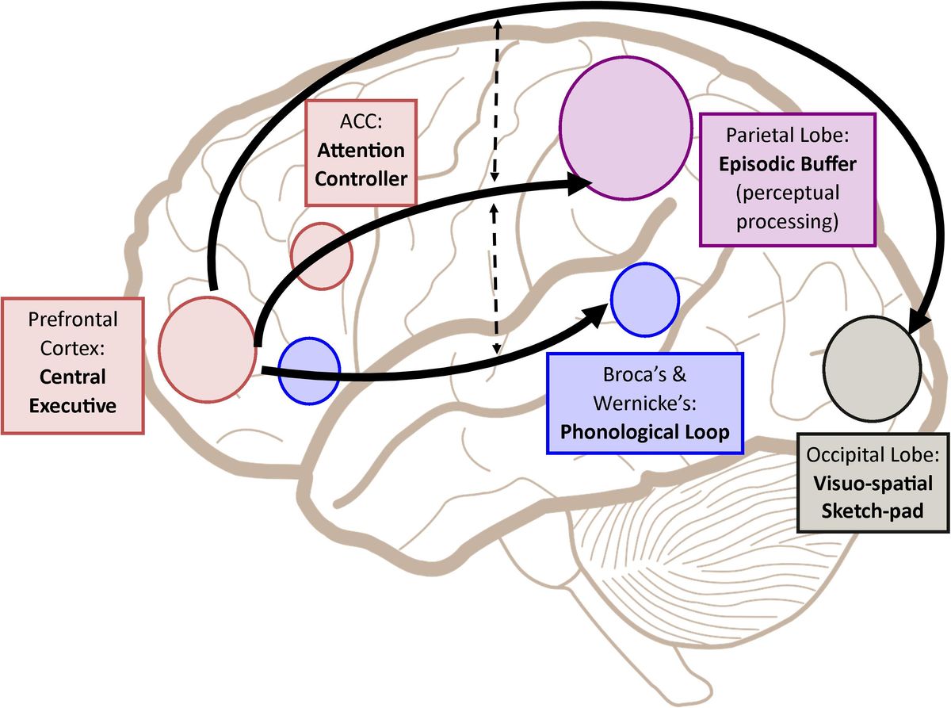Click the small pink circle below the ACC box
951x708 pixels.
(321, 255)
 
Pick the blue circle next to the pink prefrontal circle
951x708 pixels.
(309, 370)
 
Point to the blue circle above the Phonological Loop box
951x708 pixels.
(645, 297)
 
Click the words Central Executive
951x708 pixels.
(73, 390)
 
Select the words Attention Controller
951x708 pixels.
(361, 163)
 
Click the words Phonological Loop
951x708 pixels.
(644, 433)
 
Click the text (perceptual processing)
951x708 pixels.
(787, 208)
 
